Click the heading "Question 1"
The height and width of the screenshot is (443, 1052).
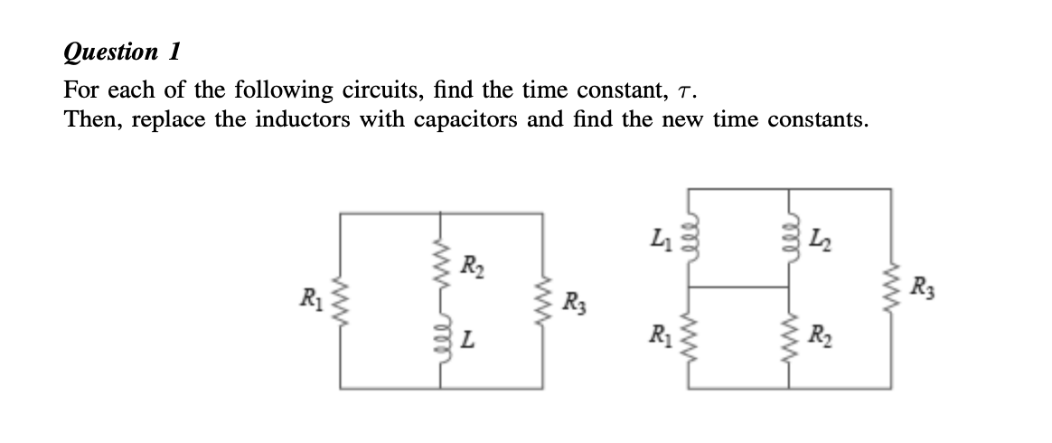(120, 52)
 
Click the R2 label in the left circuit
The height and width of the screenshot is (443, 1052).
(471, 267)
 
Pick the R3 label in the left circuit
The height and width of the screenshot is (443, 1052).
(573, 301)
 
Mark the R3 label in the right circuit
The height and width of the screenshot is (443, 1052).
(921, 290)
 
